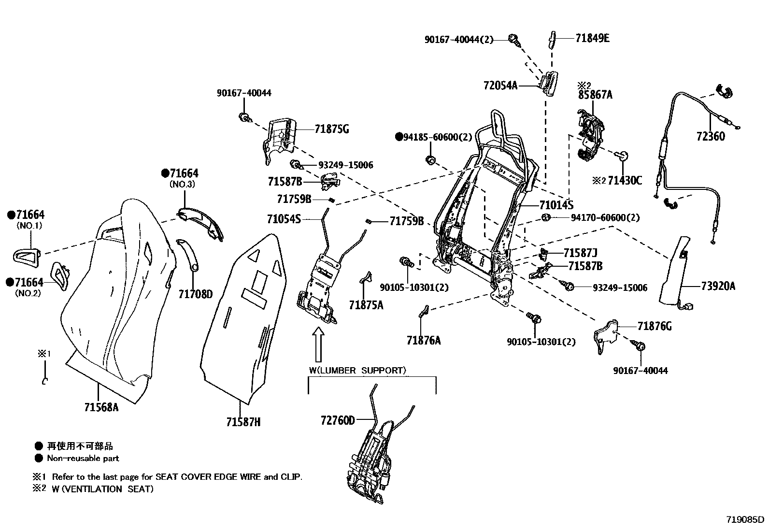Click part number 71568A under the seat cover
101,407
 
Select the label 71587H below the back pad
243,422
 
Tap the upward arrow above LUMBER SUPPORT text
318,344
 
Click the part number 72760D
337,420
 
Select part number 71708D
195,294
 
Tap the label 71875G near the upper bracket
331,129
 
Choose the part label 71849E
592,38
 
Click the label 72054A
500,86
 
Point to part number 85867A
595,95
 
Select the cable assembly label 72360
711,137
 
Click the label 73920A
718,286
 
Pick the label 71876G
654,326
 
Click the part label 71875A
366,304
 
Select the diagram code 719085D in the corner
746,520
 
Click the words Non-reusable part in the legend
83,458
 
